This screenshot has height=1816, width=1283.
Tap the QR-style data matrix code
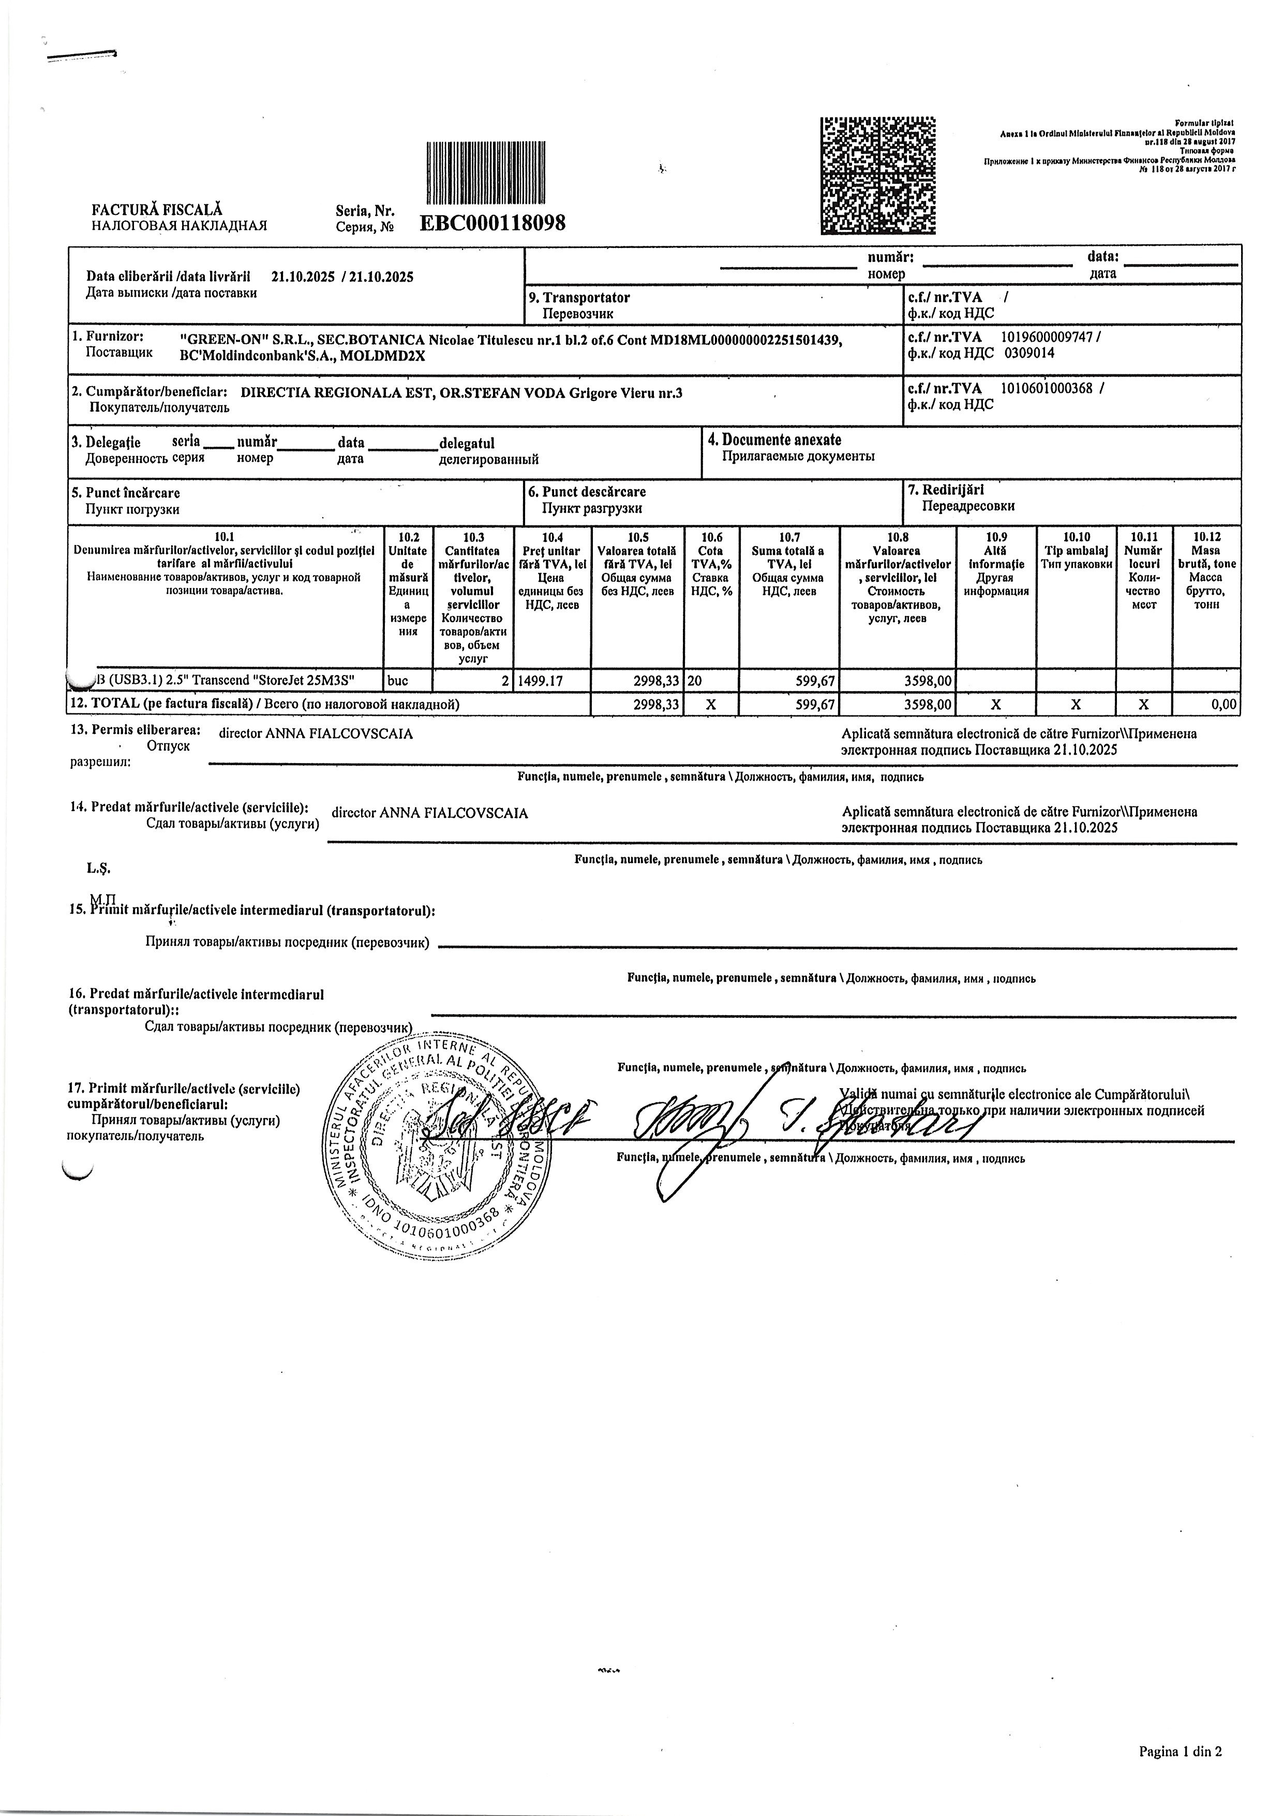[x=878, y=175]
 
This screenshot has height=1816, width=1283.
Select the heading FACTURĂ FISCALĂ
[x=157, y=210]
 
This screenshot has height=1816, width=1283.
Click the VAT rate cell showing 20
[x=696, y=680]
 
